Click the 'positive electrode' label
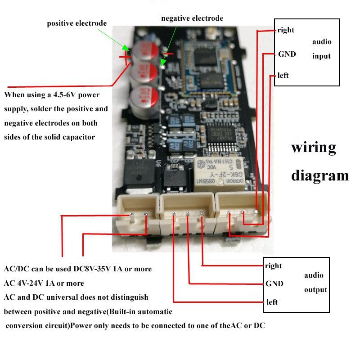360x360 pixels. click(77, 23)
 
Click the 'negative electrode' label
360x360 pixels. click(192, 18)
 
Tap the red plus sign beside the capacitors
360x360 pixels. click(125, 57)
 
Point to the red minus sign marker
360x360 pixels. click(167, 54)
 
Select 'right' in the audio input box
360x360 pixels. click(286, 30)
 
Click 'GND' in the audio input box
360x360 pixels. click(287, 54)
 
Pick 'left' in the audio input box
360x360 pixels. click(283, 75)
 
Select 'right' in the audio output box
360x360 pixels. click(274, 265)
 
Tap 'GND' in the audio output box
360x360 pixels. click(274, 283)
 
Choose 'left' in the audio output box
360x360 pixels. click(272, 302)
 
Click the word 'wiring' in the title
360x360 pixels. click(314, 148)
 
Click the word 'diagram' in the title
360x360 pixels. click(320, 175)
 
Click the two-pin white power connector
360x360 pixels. click(138, 216)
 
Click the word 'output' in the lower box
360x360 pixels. click(315, 290)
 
